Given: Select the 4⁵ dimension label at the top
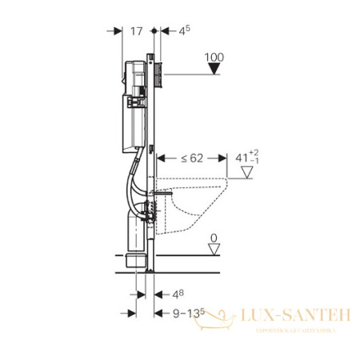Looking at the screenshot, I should tap(184, 31).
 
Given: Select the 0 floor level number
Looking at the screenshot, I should tap(213, 237).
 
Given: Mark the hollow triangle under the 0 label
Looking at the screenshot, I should tap(213, 250).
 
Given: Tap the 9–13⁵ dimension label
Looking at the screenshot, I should tap(186, 315).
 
